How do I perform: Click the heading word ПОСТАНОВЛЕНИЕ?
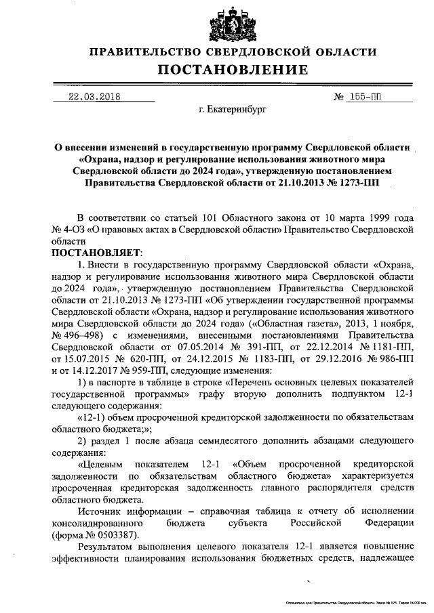tap(233, 70)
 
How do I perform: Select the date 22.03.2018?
tap(94, 96)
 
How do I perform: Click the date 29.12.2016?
tap(330, 358)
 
